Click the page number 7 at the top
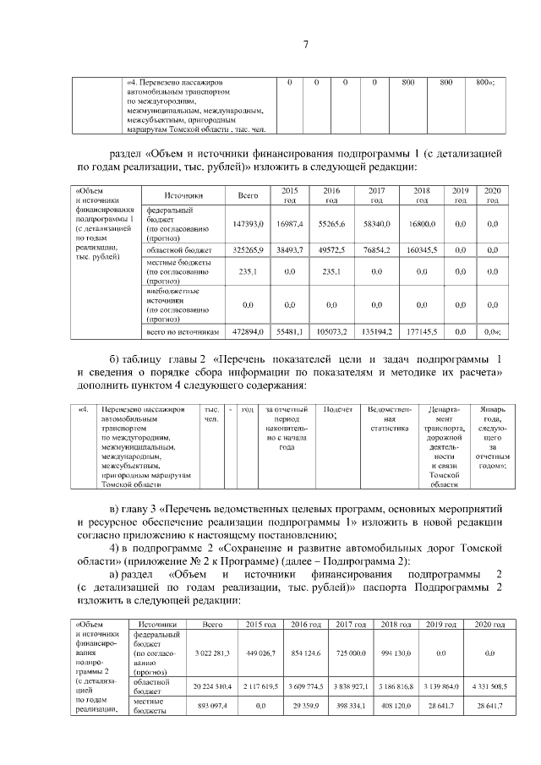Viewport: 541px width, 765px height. click(306, 46)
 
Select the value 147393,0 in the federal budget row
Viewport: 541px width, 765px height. click(248, 223)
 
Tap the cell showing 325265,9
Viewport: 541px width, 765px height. click(248, 252)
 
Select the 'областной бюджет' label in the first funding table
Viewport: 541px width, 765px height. click(173, 252)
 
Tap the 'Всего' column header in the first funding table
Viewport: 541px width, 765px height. click(248, 196)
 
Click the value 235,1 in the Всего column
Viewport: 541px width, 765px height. click(248, 272)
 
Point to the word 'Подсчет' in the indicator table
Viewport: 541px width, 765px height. click(338, 409)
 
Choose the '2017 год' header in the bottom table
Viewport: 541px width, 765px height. click(350, 624)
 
